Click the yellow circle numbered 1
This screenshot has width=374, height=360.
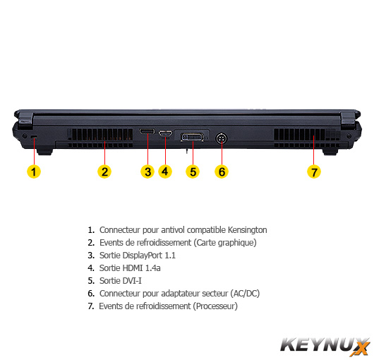tap(34, 172)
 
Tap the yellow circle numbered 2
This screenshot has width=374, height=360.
tap(104, 172)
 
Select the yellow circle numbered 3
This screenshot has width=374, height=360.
tap(147, 172)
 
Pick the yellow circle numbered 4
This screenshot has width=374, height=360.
tap(165, 172)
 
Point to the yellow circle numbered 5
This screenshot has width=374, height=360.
tap(193, 172)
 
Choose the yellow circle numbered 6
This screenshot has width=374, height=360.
tap(222, 172)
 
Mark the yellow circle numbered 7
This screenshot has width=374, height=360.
tap(314, 172)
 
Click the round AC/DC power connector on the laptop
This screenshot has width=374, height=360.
tap(222, 138)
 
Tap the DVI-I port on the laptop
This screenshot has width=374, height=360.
tap(192, 138)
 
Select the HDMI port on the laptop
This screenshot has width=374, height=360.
tap(166, 133)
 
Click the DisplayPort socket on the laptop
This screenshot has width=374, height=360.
tap(147, 131)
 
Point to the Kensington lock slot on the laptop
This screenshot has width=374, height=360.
tap(34, 136)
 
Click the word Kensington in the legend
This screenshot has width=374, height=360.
tap(248, 230)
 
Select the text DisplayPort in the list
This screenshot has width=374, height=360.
tap(143, 256)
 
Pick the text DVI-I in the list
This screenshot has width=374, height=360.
tap(132, 281)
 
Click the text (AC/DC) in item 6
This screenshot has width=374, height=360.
tap(245, 294)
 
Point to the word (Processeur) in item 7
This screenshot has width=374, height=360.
tap(215, 306)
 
